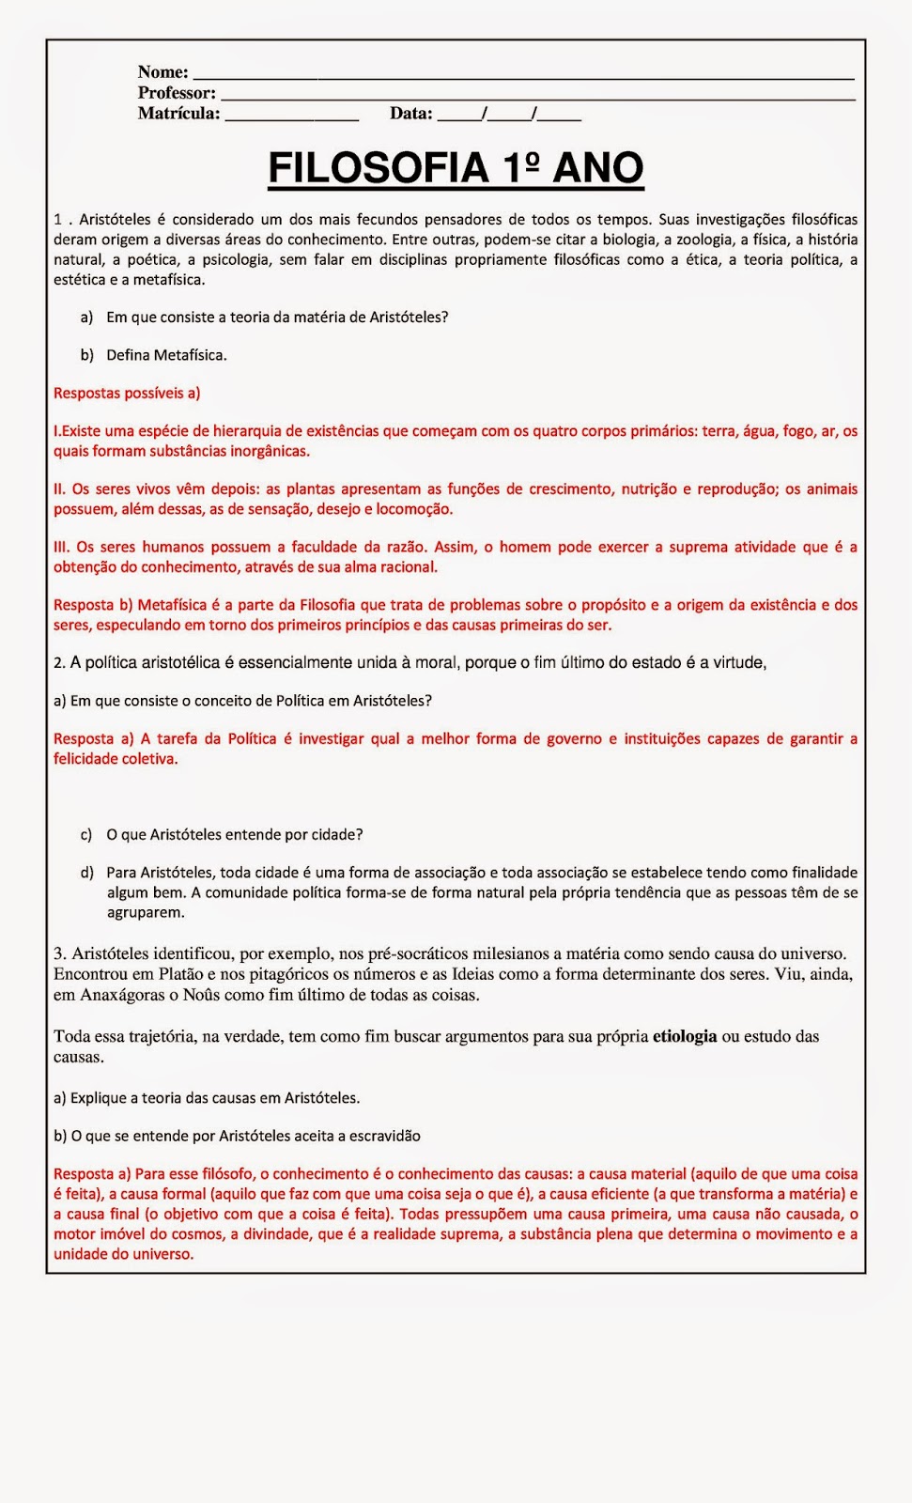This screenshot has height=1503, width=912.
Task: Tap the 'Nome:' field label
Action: pos(162,72)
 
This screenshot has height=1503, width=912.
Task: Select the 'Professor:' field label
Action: pos(177,93)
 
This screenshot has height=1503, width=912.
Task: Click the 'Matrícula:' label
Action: pos(178,114)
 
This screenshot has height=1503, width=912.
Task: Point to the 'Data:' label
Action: pos(411,114)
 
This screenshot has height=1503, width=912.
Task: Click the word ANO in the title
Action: pos(597,169)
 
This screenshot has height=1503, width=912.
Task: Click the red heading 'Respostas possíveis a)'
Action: pos(127,394)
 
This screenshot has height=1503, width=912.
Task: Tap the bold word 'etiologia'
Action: pos(685,1037)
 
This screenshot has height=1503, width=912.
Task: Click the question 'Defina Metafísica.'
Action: pos(166,355)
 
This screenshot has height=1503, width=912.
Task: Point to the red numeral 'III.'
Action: pos(62,547)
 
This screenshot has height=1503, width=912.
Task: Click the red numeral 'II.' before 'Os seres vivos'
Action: pos(59,489)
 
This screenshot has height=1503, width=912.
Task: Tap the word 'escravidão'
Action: pos(385,1137)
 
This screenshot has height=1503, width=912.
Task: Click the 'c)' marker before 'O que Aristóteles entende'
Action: pos(86,835)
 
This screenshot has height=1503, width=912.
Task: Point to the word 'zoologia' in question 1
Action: pos(704,240)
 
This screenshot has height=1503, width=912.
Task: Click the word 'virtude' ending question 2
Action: pos(739,663)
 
